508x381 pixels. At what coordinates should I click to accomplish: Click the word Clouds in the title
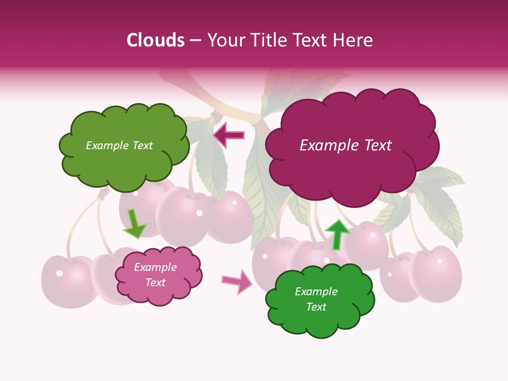coord(156,40)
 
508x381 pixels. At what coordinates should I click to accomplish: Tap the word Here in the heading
coord(353,40)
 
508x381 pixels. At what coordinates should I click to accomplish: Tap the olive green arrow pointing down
coord(134,223)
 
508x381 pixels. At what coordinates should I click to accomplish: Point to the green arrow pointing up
coord(337,234)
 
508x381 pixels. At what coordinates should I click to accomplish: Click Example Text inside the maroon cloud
coord(346,146)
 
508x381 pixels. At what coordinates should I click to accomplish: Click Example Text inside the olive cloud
coord(119,146)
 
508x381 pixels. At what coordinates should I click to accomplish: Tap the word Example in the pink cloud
coord(155,267)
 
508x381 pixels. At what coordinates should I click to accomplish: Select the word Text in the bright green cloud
coord(316,307)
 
